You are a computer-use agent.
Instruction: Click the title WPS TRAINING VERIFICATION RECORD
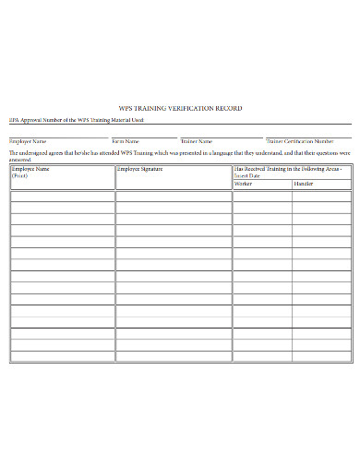(x=181, y=109)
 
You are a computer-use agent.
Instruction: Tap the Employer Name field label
(x=28, y=141)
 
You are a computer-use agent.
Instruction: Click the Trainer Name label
(x=196, y=141)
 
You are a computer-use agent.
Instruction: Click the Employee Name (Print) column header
(x=31, y=172)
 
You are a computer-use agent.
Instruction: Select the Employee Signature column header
(x=141, y=170)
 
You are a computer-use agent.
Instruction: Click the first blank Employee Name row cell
(x=62, y=196)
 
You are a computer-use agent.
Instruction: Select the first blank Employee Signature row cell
(x=174, y=196)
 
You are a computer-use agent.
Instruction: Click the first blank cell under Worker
(x=262, y=196)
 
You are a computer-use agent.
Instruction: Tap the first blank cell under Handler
(x=321, y=196)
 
